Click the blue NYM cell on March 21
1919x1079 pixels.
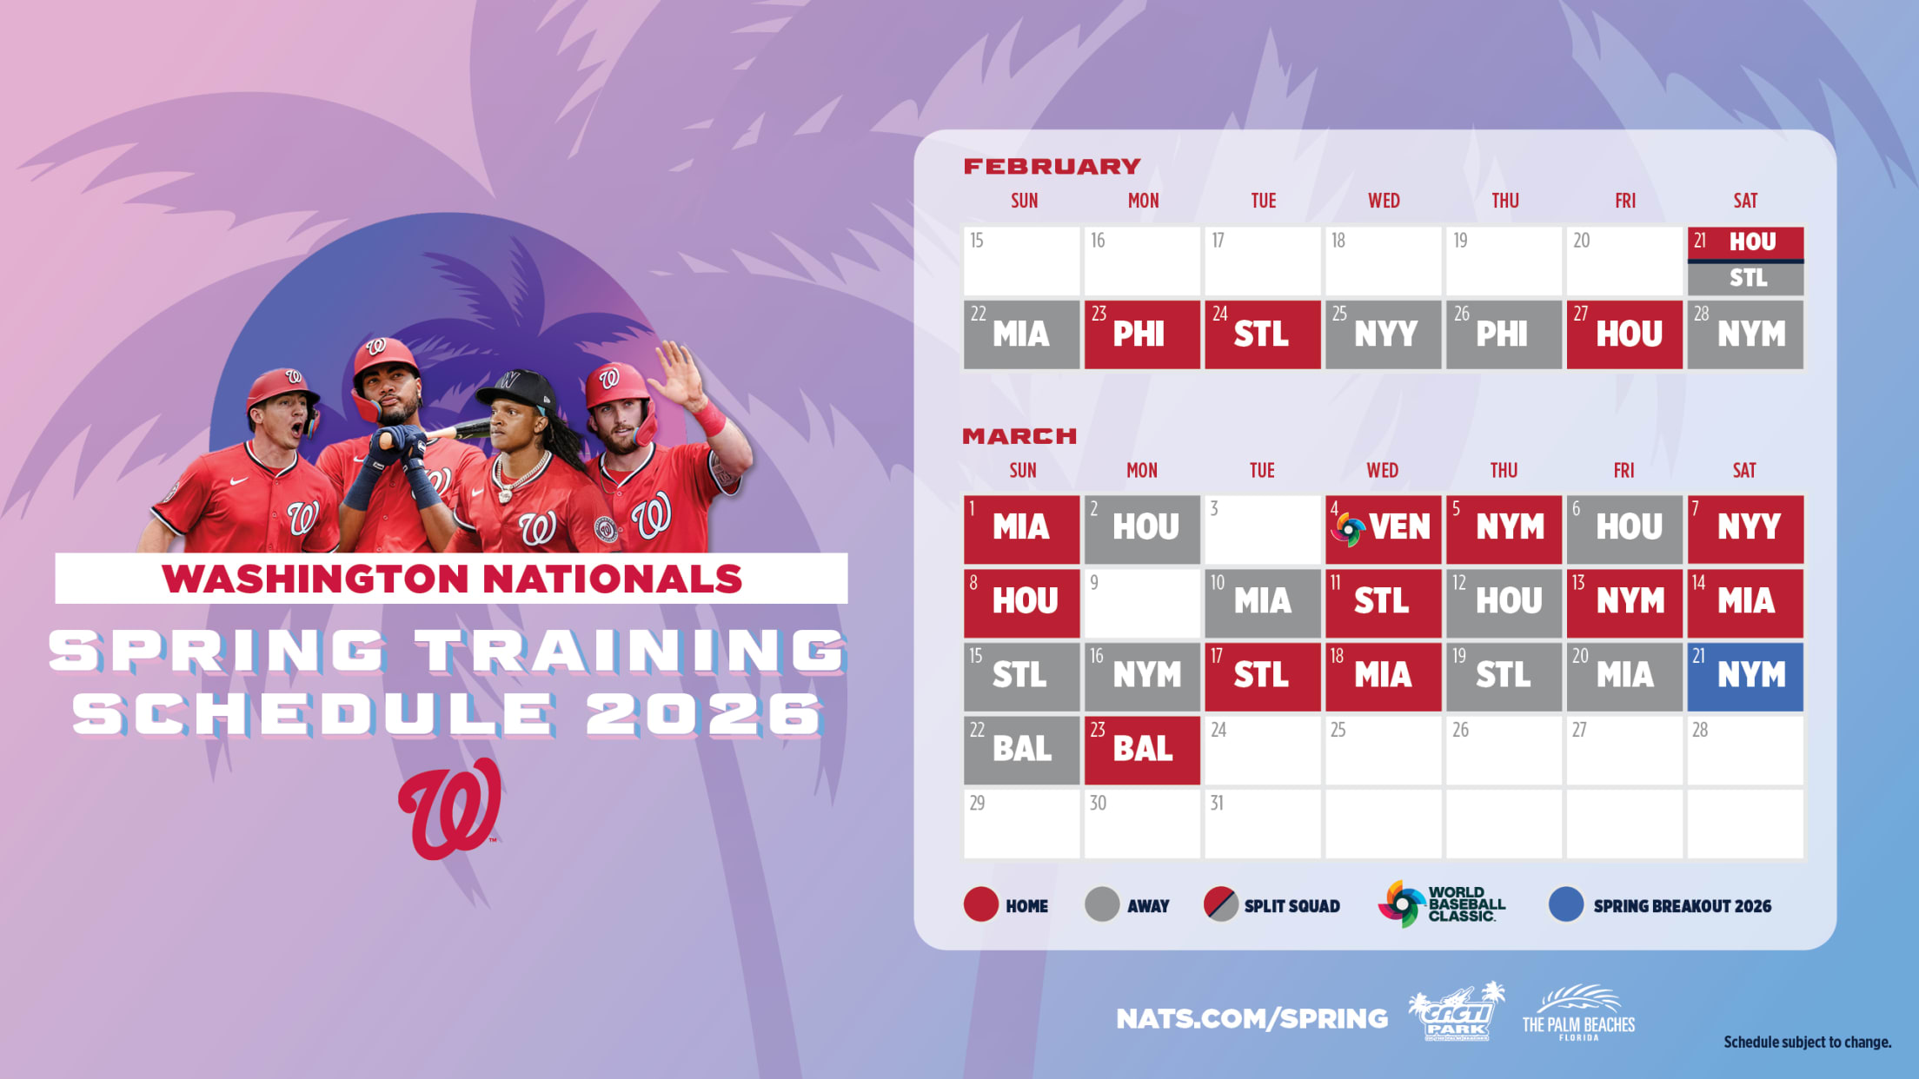click(x=1745, y=676)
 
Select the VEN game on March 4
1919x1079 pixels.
click(x=1383, y=529)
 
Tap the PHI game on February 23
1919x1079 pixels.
click(x=1142, y=334)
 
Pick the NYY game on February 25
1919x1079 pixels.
click(x=1383, y=334)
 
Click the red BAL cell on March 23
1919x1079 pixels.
click(x=1142, y=750)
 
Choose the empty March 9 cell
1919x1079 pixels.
click(x=1142, y=603)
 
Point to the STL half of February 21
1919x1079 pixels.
click(x=1746, y=279)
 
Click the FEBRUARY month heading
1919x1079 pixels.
click(x=1052, y=166)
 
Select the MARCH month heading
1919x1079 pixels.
click(x=1019, y=436)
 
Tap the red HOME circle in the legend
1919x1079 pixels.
click(x=981, y=904)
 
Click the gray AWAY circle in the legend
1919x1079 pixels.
click(x=1102, y=904)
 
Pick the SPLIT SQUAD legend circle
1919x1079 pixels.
click(x=1221, y=904)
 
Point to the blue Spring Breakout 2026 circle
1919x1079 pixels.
click(x=1566, y=904)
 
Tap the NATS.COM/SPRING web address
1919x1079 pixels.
click(x=1252, y=1018)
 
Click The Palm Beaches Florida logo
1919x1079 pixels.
click(x=1578, y=1013)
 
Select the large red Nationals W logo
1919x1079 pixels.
click(x=450, y=809)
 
